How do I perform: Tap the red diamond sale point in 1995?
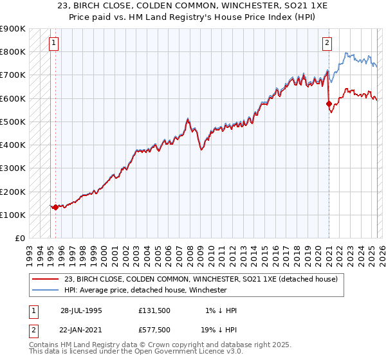click(x=56, y=207)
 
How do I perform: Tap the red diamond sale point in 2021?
click(x=329, y=103)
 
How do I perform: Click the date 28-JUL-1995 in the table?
click(x=81, y=310)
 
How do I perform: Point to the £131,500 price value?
click(x=154, y=310)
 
